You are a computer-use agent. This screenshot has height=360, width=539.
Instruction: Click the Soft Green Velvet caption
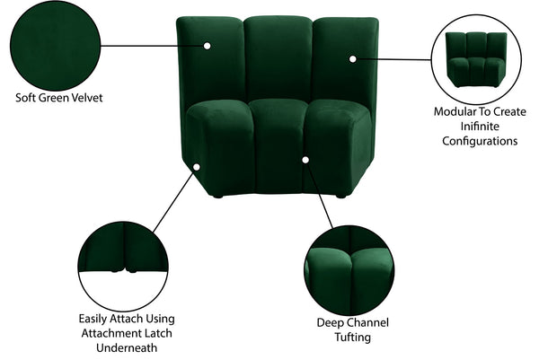pos(59,96)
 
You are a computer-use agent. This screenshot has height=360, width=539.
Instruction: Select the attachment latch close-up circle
pos(122,260)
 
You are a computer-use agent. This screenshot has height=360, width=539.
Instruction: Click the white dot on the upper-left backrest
pos(208,44)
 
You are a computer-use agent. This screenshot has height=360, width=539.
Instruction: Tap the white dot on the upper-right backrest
pos(353,59)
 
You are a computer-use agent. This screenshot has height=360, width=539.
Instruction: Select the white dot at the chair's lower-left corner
pos(195,165)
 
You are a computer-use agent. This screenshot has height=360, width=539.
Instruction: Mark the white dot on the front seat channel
pos(305,160)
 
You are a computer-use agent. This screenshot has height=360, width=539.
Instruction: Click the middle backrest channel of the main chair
pos(277,58)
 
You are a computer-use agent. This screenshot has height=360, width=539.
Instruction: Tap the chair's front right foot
pos(341,194)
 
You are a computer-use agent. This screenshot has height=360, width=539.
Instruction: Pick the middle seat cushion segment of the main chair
pos(277,144)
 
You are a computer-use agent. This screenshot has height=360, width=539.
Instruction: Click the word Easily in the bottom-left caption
pos(95,319)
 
